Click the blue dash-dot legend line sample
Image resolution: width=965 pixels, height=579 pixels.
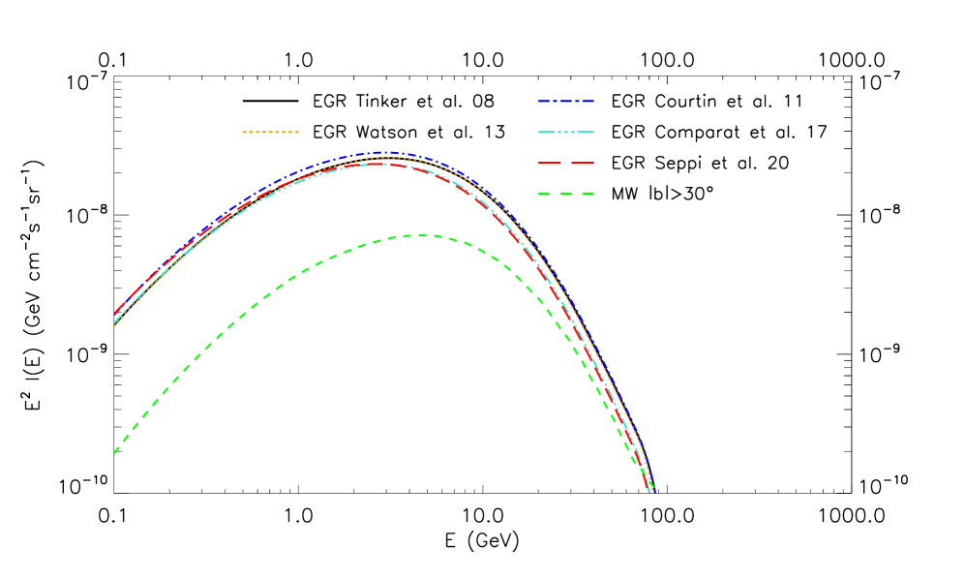[x=565, y=101]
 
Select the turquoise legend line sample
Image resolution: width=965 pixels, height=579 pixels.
[x=565, y=132]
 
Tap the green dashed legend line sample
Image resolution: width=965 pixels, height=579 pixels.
[x=565, y=193]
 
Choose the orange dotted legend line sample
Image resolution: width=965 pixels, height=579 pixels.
[x=270, y=132]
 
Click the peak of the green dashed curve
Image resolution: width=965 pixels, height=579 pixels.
[x=421, y=235]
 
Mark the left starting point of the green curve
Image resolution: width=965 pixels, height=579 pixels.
[x=115, y=452]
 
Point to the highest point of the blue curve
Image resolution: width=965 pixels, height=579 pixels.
[x=385, y=152]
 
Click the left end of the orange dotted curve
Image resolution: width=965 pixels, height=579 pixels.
[x=115, y=325]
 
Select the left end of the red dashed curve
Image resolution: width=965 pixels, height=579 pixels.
[x=115, y=314]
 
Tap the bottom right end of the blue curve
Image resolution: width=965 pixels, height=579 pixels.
[x=653, y=490]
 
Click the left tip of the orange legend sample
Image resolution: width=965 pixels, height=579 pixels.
[x=243, y=132]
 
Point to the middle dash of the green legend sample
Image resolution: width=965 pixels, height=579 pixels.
[x=565, y=193]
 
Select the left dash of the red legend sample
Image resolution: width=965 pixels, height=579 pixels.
[x=549, y=163]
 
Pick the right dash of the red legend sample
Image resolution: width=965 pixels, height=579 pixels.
[x=583, y=163]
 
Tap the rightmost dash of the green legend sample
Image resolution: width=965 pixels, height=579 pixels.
[x=588, y=193]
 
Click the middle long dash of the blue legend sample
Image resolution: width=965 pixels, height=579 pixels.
[x=565, y=101]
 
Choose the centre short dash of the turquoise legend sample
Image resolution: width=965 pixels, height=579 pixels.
[x=565, y=132]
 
